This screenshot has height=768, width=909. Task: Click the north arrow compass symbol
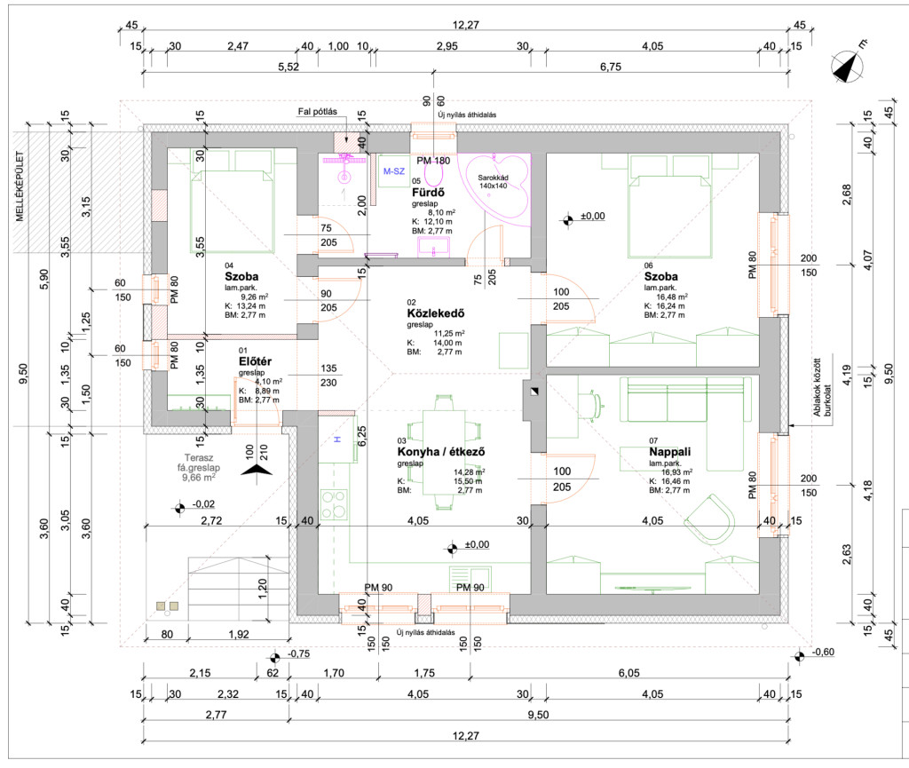click(849, 65)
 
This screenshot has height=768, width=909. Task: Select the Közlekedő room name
click(436, 313)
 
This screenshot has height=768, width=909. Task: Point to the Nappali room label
click(669, 452)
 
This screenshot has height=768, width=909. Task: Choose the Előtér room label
click(256, 362)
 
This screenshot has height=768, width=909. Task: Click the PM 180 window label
click(434, 161)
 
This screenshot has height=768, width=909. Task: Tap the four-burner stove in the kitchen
click(336, 505)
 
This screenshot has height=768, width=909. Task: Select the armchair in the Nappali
click(712, 521)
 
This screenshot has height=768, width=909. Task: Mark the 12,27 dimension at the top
click(465, 25)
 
